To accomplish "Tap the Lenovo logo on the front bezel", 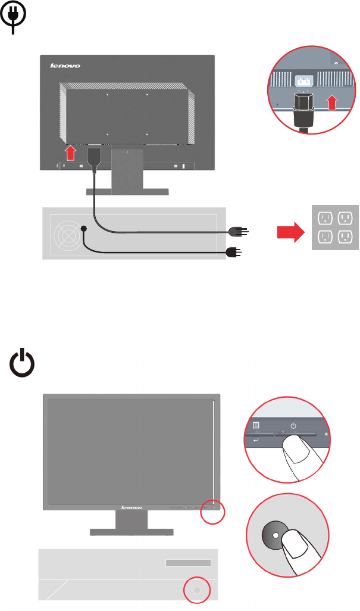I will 132,507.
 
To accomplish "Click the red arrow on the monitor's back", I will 71,153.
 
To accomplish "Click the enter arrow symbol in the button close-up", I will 256,440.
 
